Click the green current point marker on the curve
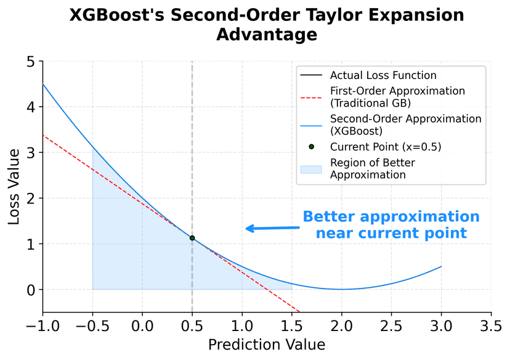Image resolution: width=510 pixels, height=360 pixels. (x=192, y=238)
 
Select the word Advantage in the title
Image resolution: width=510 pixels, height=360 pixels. (x=267, y=35)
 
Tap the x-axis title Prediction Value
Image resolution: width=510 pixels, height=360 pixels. (x=266, y=345)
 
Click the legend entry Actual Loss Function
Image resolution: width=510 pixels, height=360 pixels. (x=383, y=76)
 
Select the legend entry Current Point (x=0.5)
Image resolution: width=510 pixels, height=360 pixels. (x=386, y=147)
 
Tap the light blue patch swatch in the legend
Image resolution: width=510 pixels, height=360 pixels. (x=310, y=169)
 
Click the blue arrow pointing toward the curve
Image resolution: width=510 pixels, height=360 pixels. (x=272, y=228)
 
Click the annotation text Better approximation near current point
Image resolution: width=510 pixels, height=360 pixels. (x=391, y=225)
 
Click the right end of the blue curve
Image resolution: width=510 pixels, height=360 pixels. (x=441, y=266)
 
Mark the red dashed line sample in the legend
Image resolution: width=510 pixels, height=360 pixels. (x=310, y=96)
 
